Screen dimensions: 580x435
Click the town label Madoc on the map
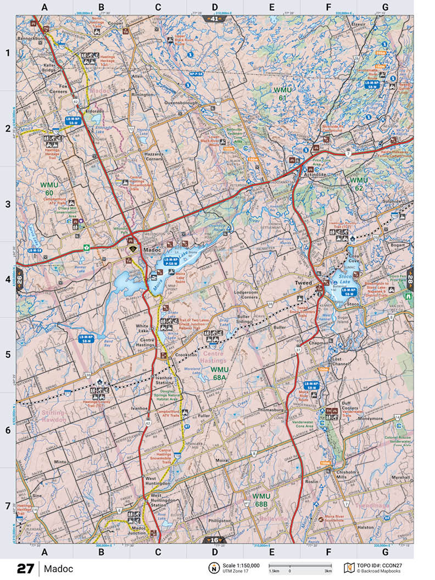coord(151,249)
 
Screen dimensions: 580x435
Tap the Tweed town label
coord(303,282)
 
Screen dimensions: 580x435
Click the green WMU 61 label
coord(283,93)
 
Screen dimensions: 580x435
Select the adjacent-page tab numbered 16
coord(214,539)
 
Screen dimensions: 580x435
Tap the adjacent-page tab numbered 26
coord(19,278)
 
